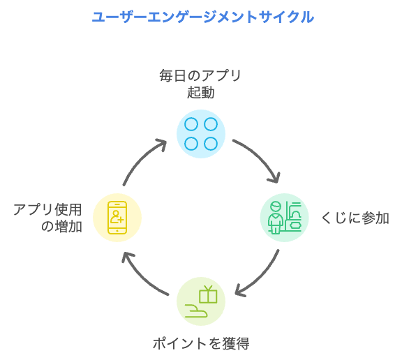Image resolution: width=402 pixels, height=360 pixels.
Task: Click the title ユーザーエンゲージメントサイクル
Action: (203, 17)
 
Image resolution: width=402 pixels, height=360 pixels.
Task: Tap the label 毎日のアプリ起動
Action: (200, 84)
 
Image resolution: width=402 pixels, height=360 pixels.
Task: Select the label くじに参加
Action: (355, 218)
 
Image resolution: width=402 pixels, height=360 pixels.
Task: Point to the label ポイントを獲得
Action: (201, 343)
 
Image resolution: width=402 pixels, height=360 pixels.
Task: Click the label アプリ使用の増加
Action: (48, 218)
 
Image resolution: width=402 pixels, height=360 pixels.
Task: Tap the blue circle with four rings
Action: (201, 134)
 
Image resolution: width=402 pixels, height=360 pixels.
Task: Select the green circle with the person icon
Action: (285, 218)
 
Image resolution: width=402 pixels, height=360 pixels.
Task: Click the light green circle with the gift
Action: (201, 301)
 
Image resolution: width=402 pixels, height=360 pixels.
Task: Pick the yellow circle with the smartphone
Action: (117, 218)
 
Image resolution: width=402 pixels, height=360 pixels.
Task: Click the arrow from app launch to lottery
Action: (260, 156)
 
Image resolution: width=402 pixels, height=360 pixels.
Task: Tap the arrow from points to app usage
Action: (140, 278)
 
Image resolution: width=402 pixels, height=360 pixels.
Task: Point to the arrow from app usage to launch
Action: (141, 158)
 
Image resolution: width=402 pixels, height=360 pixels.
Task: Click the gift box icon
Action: (208, 294)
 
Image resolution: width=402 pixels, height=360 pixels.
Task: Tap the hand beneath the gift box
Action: (196, 310)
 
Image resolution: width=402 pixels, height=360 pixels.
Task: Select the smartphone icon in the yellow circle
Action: (117, 218)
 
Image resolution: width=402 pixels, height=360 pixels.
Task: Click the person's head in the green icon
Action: (276, 207)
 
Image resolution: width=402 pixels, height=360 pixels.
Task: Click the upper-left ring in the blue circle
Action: (191, 124)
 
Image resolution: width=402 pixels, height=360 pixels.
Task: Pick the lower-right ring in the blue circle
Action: (211, 144)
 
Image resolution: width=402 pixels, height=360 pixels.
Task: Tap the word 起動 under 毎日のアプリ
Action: (200, 92)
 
